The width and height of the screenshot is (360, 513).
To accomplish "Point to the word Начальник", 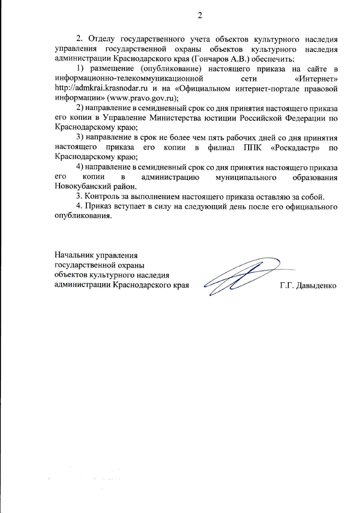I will click(74, 255).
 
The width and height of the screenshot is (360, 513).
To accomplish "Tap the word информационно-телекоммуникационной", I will click(129, 79).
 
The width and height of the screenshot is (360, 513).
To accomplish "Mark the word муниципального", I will click(246, 177).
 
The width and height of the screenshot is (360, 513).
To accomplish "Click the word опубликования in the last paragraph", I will click(83, 216).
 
